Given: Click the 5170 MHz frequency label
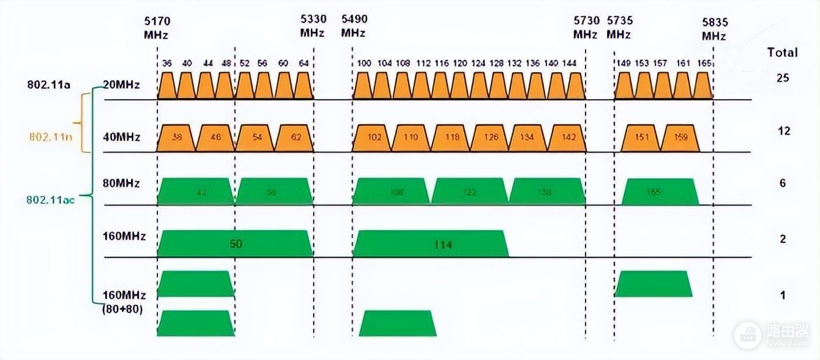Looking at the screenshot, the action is (157, 28).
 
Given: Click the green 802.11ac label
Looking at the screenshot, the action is (50, 200).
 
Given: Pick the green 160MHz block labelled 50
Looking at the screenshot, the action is (236, 244).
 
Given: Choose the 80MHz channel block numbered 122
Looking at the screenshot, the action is (469, 191).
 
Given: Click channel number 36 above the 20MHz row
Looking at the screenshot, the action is (167, 63).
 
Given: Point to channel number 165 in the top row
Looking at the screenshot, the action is (704, 63).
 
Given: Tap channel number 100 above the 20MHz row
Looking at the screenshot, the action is (364, 63).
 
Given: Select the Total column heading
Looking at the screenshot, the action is (783, 53).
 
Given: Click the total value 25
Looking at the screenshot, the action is (783, 78).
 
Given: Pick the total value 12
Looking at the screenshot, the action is (783, 131).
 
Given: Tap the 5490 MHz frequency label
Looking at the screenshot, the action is (354, 26).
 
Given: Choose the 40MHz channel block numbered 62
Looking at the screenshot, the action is (296, 138).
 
